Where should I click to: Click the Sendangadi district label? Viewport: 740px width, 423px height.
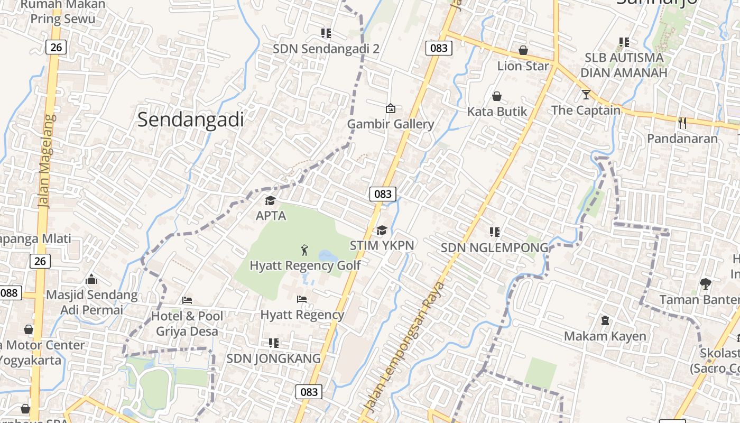coord(190,120)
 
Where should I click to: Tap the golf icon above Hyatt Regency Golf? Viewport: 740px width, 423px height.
coord(304,250)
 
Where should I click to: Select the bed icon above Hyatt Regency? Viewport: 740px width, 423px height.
coord(302,299)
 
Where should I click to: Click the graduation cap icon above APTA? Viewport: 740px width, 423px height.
coord(271,201)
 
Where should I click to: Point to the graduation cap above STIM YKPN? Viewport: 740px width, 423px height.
coord(382,231)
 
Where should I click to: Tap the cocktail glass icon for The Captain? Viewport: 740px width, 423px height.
coord(586,95)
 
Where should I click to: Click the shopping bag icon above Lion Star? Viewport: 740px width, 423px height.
coord(523,50)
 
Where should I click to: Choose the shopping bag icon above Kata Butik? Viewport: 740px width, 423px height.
coord(497,96)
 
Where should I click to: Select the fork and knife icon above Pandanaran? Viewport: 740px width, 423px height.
coord(682,123)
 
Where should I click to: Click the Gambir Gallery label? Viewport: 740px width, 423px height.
coord(391,124)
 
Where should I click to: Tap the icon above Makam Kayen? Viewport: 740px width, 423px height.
coord(605,320)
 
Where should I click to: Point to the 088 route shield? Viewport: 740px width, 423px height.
coord(10,293)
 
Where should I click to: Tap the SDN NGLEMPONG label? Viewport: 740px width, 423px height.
coord(495,247)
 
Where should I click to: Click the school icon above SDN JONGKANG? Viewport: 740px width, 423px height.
coord(274,343)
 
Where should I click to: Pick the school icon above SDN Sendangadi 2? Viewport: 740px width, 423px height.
coord(326,33)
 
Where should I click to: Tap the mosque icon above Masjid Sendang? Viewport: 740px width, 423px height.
coord(91,279)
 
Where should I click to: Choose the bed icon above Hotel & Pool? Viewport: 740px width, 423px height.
coord(187,300)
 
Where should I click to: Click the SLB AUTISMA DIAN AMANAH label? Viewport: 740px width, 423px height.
coord(624,65)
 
